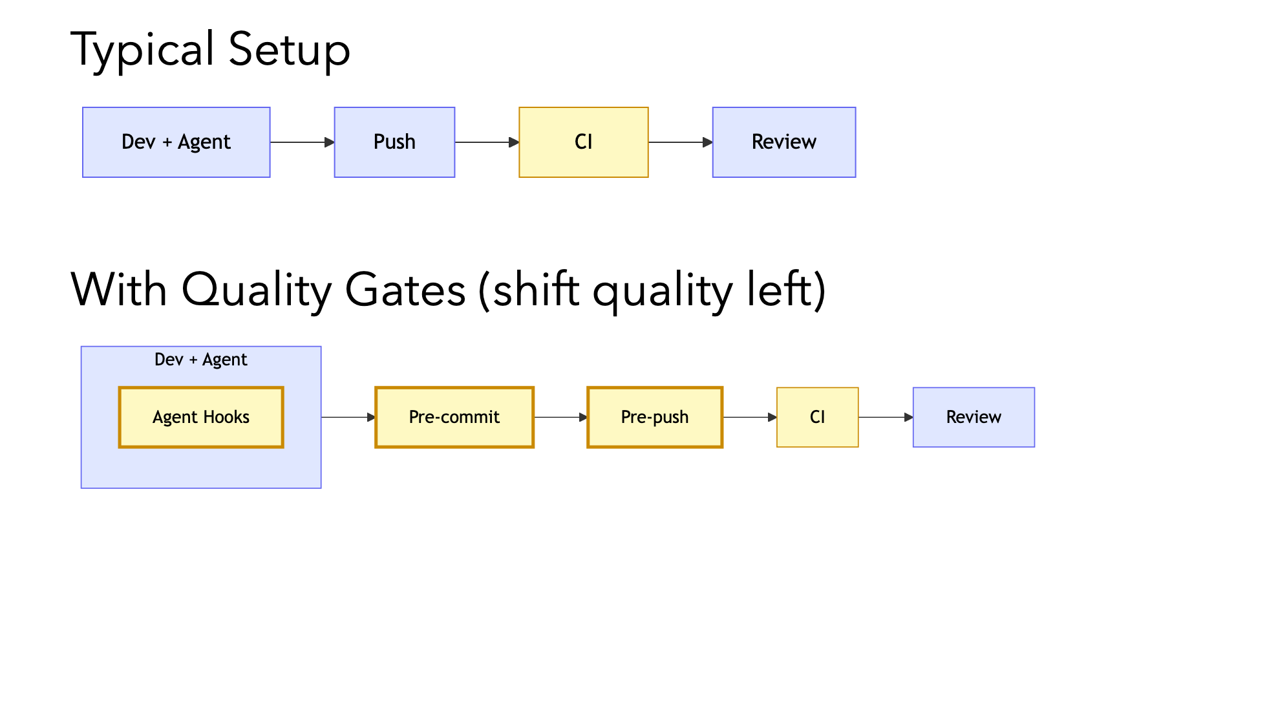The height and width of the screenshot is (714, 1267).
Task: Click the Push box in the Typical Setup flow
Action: pos(394,142)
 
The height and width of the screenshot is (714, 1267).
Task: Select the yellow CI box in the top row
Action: pos(583,142)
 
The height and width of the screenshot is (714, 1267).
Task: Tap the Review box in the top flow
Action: pos(783,142)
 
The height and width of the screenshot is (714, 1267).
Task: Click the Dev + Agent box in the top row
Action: pos(176,142)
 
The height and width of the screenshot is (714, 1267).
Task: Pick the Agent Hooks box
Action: pos(201,417)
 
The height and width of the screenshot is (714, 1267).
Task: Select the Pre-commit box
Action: pos(454,417)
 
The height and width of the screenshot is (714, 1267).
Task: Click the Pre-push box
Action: pos(654,417)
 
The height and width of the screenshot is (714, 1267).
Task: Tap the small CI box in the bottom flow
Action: pos(817,417)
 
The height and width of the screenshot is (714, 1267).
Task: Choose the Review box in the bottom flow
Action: pos(974,417)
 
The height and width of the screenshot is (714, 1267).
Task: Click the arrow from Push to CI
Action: pos(487,142)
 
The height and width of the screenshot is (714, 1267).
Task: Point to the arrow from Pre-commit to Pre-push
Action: pos(560,417)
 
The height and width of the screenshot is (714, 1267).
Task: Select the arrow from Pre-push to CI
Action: pos(749,417)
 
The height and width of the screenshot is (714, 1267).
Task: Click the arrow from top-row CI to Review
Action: pos(680,142)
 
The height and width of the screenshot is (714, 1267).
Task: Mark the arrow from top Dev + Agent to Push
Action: pos(302,142)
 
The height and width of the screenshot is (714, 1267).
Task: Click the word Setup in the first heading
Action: pos(289,50)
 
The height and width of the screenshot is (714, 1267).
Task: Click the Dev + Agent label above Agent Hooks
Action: pos(201,360)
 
